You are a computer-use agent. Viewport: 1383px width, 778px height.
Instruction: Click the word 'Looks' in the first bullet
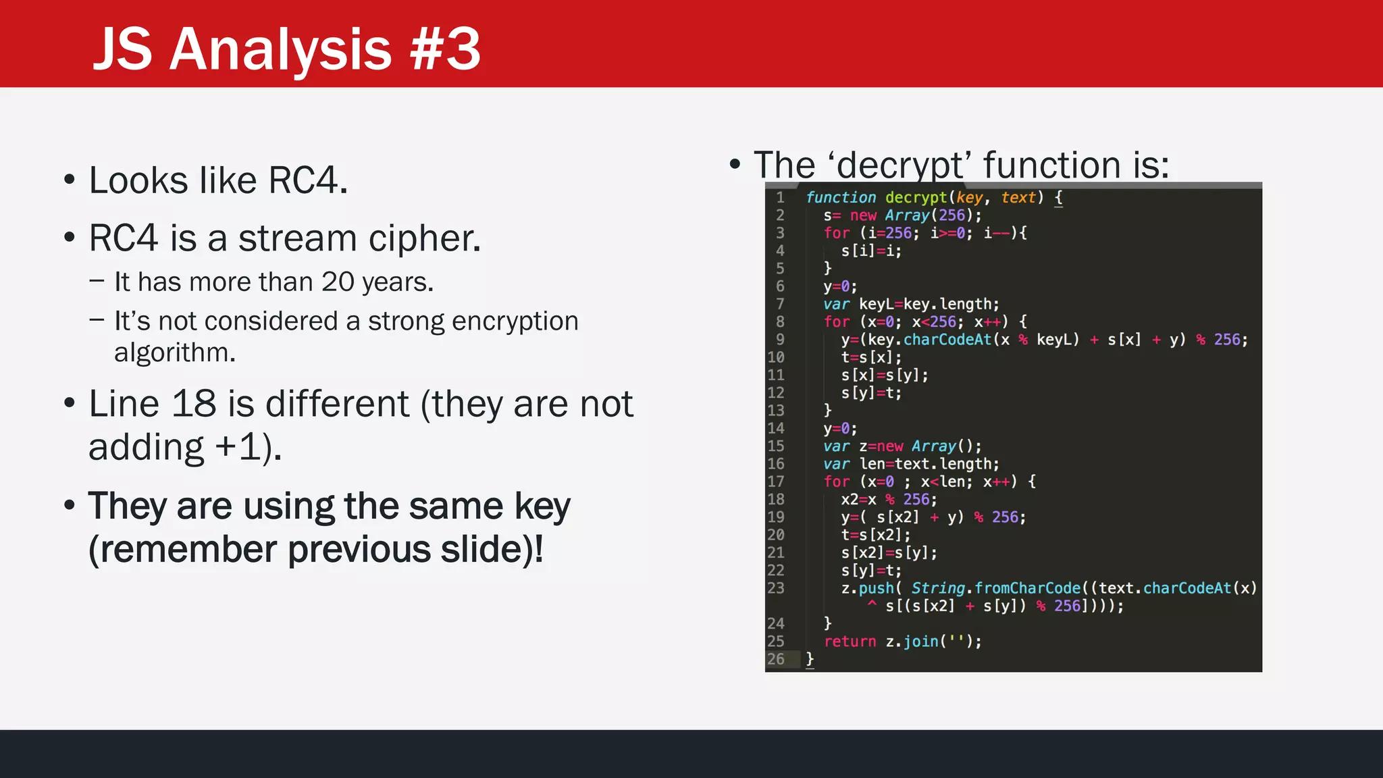coord(138,181)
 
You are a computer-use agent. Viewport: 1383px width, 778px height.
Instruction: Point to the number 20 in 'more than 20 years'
coord(338,282)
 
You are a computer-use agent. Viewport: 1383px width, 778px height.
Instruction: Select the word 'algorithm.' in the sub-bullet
coord(174,353)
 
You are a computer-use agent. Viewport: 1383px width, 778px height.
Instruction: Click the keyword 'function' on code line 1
coord(841,197)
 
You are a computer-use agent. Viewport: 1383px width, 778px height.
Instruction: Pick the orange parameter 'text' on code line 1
coord(1018,197)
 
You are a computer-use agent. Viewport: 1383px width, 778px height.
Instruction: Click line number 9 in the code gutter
coord(780,340)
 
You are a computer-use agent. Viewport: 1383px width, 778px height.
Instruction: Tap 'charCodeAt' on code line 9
coord(947,340)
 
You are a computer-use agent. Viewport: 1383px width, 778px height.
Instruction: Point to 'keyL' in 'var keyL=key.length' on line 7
coord(876,304)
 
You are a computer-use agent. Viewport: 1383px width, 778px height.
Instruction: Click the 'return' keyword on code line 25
coord(850,642)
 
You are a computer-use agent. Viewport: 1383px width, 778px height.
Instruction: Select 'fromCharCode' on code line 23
coord(1027,588)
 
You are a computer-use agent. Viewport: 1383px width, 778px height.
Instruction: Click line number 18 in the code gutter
coord(776,500)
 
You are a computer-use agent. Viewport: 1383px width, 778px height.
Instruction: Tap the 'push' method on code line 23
coord(876,588)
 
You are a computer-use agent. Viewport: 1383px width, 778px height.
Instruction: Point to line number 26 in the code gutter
coord(776,659)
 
